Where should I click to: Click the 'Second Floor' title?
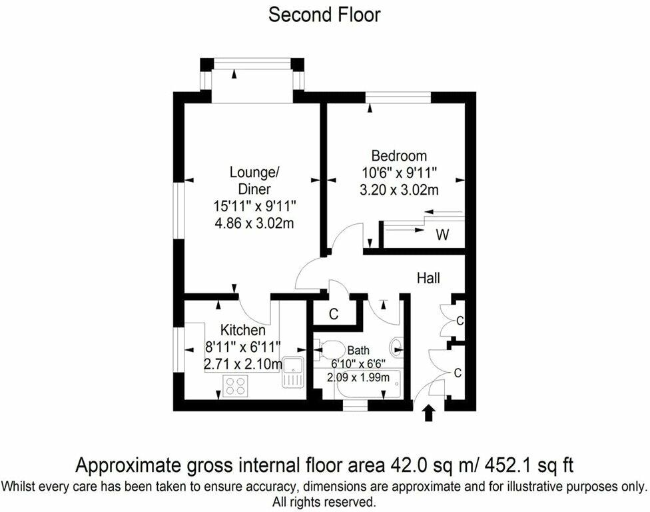(x=324, y=15)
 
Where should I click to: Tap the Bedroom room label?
(x=399, y=155)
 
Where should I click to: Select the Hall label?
(x=428, y=277)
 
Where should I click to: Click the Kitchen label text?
(x=243, y=330)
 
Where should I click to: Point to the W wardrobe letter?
(x=442, y=235)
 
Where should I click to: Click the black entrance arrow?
(x=429, y=413)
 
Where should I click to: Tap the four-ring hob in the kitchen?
(x=236, y=386)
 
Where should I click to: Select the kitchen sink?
(x=292, y=372)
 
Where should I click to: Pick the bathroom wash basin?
(x=396, y=345)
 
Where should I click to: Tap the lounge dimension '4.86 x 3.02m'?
(x=254, y=223)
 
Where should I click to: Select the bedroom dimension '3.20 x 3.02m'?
(x=399, y=189)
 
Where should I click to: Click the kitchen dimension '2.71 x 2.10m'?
(x=243, y=364)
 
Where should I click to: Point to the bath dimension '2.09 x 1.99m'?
(x=358, y=377)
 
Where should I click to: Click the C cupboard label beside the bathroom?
(x=333, y=314)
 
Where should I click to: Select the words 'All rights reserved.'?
(x=324, y=502)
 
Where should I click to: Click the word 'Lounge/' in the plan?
(x=254, y=172)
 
